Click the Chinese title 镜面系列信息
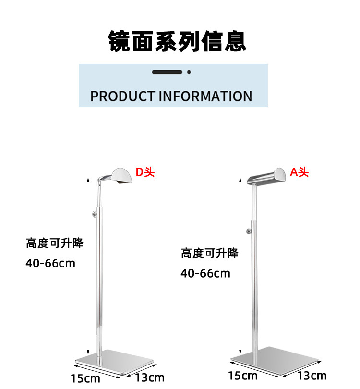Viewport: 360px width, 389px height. (177, 41)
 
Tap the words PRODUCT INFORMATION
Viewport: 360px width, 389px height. (171, 96)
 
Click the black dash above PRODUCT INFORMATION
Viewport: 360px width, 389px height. (167, 72)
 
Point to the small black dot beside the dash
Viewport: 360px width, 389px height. (189, 72)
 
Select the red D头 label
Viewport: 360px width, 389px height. (145, 172)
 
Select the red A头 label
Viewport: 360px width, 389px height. (300, 172)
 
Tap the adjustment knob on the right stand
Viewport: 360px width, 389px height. (249, 232)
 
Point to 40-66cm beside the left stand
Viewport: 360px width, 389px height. (50, 263)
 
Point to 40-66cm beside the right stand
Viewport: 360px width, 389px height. (205, 274)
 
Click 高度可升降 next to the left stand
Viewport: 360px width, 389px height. (55, 243)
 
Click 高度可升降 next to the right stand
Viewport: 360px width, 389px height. (209, 253)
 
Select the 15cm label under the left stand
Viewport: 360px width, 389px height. (85, 378)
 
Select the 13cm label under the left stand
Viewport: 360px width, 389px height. (150, 377)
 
